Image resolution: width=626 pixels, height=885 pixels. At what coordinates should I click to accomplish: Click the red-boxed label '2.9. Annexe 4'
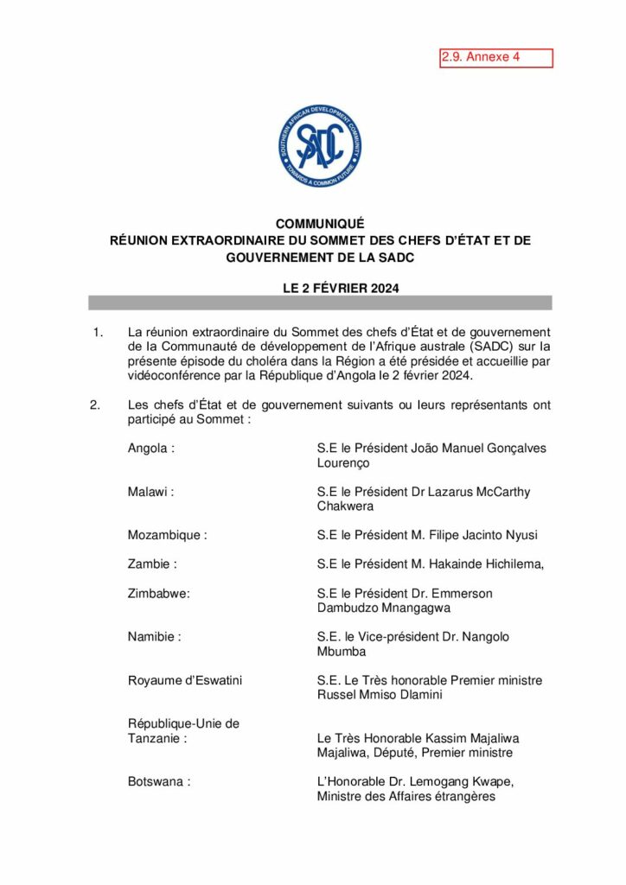(x=495, y=58)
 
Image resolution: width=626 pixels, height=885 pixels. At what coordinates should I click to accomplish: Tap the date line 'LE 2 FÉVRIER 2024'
(x=341, y=290)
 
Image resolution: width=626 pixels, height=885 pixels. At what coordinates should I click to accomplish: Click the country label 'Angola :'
(x=150, y=449)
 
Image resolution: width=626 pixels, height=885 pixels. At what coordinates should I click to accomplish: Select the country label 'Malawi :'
(x=150, y=492)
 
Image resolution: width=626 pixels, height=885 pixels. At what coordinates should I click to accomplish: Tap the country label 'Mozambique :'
(x=167, y=535)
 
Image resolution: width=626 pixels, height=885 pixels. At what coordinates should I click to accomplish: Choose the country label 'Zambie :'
(x=152, y=564)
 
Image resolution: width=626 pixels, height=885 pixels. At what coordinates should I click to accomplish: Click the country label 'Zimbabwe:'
(x=158, y=594)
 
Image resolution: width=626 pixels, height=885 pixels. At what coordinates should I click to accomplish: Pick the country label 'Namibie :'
(x=154, y=637)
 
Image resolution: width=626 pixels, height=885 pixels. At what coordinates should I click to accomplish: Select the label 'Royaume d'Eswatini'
(x=185, y=680)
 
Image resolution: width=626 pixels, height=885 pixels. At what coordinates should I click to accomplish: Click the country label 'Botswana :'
(x=158, y=781)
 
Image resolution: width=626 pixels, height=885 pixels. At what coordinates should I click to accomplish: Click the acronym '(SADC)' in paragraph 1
(x=491, y=347)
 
